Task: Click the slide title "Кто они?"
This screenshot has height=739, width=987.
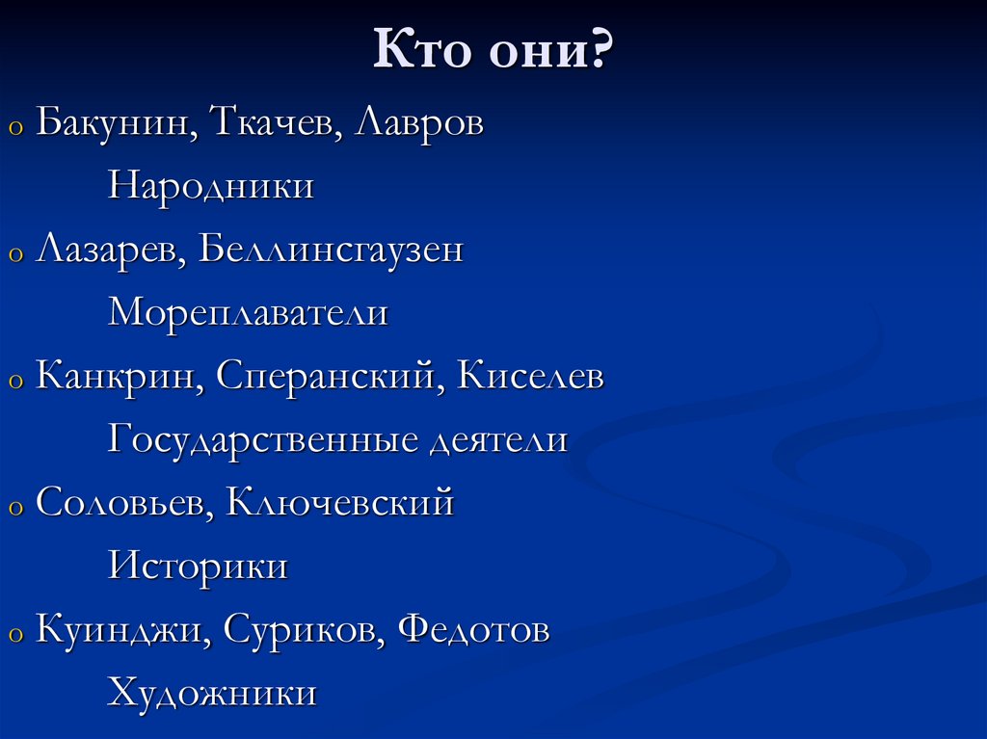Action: pos(493,51)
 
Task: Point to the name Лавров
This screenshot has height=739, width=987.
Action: pos(420,123)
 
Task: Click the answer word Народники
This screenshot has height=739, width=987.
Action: pos(211,186)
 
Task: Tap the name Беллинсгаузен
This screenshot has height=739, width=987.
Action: pos(332,251)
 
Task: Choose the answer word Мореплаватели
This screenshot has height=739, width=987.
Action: pos(248,313)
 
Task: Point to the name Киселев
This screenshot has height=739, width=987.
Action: pos(531,377)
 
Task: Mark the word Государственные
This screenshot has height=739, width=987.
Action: pos(264,440)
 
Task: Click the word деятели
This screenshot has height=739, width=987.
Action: pos(499,440)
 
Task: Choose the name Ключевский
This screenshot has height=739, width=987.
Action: pos(339,503)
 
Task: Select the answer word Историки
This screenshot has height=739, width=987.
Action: pos(198,566)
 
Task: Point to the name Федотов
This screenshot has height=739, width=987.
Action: pos(473,630)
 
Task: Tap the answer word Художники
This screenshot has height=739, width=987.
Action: pos(212,693)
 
